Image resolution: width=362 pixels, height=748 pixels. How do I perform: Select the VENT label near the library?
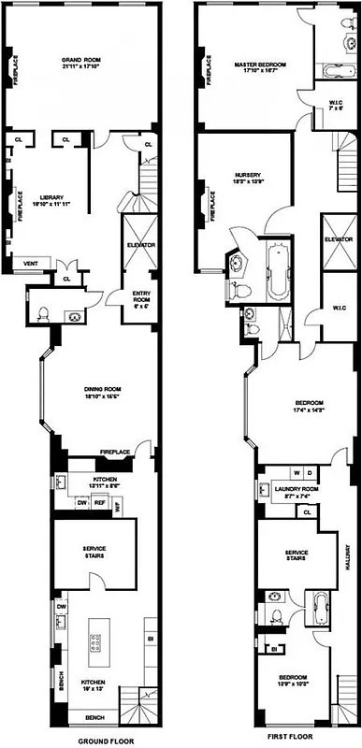coord(31,263)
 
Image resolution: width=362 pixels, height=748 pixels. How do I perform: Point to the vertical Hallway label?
coord(345,560)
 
